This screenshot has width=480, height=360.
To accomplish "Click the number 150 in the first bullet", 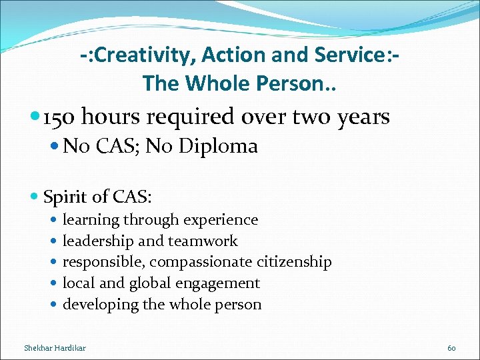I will (61, 117).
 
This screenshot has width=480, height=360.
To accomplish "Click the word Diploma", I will (222, 146).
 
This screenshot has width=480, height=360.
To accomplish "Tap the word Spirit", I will (65, 197).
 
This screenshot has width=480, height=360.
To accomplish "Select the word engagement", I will (219, 284).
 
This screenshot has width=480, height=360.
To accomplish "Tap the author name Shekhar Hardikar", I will (55, 347).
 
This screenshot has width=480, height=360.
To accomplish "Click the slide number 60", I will (451, 347).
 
